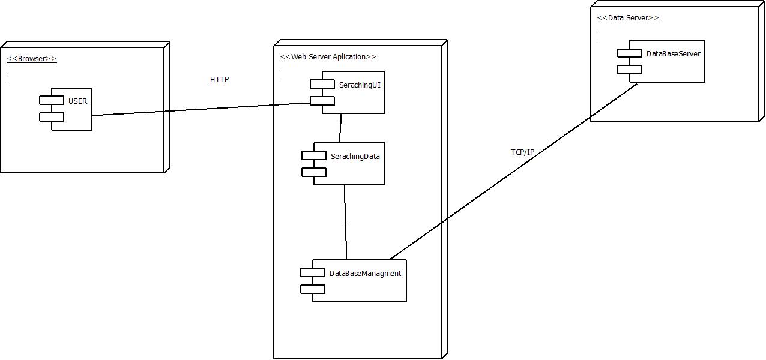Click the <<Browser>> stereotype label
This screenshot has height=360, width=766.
32,59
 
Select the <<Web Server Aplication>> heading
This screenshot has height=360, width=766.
328,57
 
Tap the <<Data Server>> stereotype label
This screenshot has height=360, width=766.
628,18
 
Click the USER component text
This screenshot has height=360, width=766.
77,101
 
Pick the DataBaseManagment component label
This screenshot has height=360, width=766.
365,274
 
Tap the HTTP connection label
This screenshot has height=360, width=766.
219,80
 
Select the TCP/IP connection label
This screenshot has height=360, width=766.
522,152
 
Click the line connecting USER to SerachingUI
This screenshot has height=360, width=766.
201,109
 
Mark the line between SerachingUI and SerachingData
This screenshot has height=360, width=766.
340,128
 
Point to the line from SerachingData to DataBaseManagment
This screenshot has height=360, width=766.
345,222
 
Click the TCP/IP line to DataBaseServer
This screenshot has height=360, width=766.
513,170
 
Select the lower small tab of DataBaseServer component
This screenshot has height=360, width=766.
630,70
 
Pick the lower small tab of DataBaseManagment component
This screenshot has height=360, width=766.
313,289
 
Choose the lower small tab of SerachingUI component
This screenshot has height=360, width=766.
322,101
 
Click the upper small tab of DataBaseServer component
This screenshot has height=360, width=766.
630,53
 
